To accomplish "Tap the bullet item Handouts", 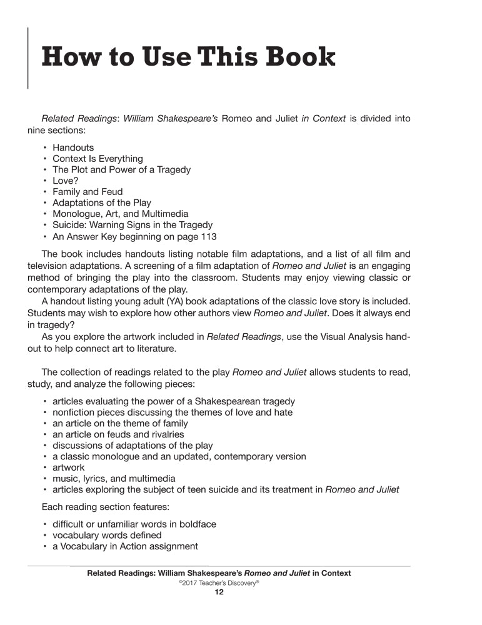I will [x=73, y=147].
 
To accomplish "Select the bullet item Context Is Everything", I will [x=98, y=159].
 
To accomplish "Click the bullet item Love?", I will [x=66, y=181].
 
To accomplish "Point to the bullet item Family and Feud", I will [x=88, y=192].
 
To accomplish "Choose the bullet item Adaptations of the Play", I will [x=102, y=203].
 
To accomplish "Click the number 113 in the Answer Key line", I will [x=208, y=236].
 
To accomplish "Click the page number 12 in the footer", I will [x=219, y=592].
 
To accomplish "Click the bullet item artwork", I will [x=69, y=467].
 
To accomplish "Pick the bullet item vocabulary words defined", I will [x=107, y=535].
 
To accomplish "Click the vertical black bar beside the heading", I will [x=28, y=58].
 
